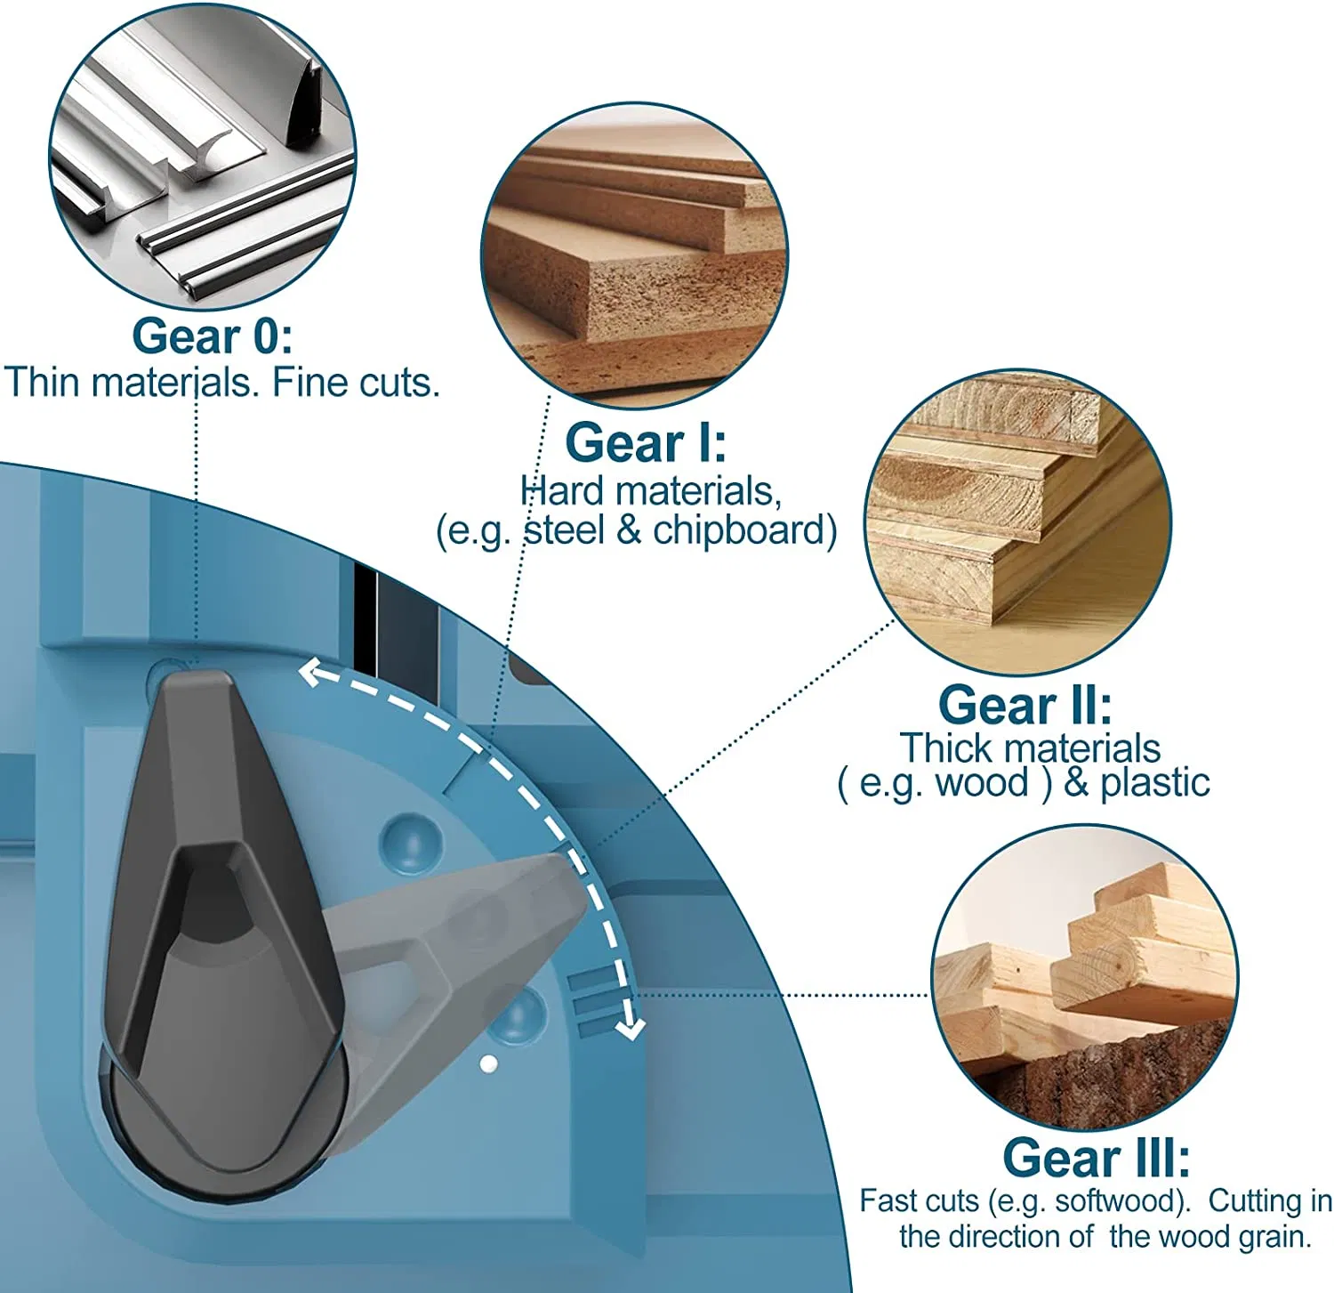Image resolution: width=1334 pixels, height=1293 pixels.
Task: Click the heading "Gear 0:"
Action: point(212,336)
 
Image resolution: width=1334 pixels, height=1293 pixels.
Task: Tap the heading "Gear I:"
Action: point(646,442)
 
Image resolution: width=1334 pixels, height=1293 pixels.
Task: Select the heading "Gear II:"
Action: point(1025,705)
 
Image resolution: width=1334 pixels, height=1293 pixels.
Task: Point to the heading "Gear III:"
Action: point(1096,1158)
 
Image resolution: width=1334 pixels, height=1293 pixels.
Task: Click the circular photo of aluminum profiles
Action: point(203,157)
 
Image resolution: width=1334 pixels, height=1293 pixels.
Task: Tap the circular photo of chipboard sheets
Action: point(634,255)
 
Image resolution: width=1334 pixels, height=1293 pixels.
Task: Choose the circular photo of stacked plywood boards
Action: point(1018,522)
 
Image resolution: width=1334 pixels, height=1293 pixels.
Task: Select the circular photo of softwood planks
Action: point(1084,977)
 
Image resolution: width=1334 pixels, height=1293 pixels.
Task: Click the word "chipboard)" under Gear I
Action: point(745,530)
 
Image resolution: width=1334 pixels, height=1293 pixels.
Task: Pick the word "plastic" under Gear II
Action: point(1155,783)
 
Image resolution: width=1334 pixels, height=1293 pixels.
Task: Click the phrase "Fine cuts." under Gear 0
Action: point(356,383)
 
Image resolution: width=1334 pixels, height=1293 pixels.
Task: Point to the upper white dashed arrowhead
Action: point(311,672)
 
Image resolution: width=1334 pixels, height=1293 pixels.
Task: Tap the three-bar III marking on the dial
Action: point(591,1003)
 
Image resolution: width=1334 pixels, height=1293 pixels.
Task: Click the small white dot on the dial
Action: point(487,1063)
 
